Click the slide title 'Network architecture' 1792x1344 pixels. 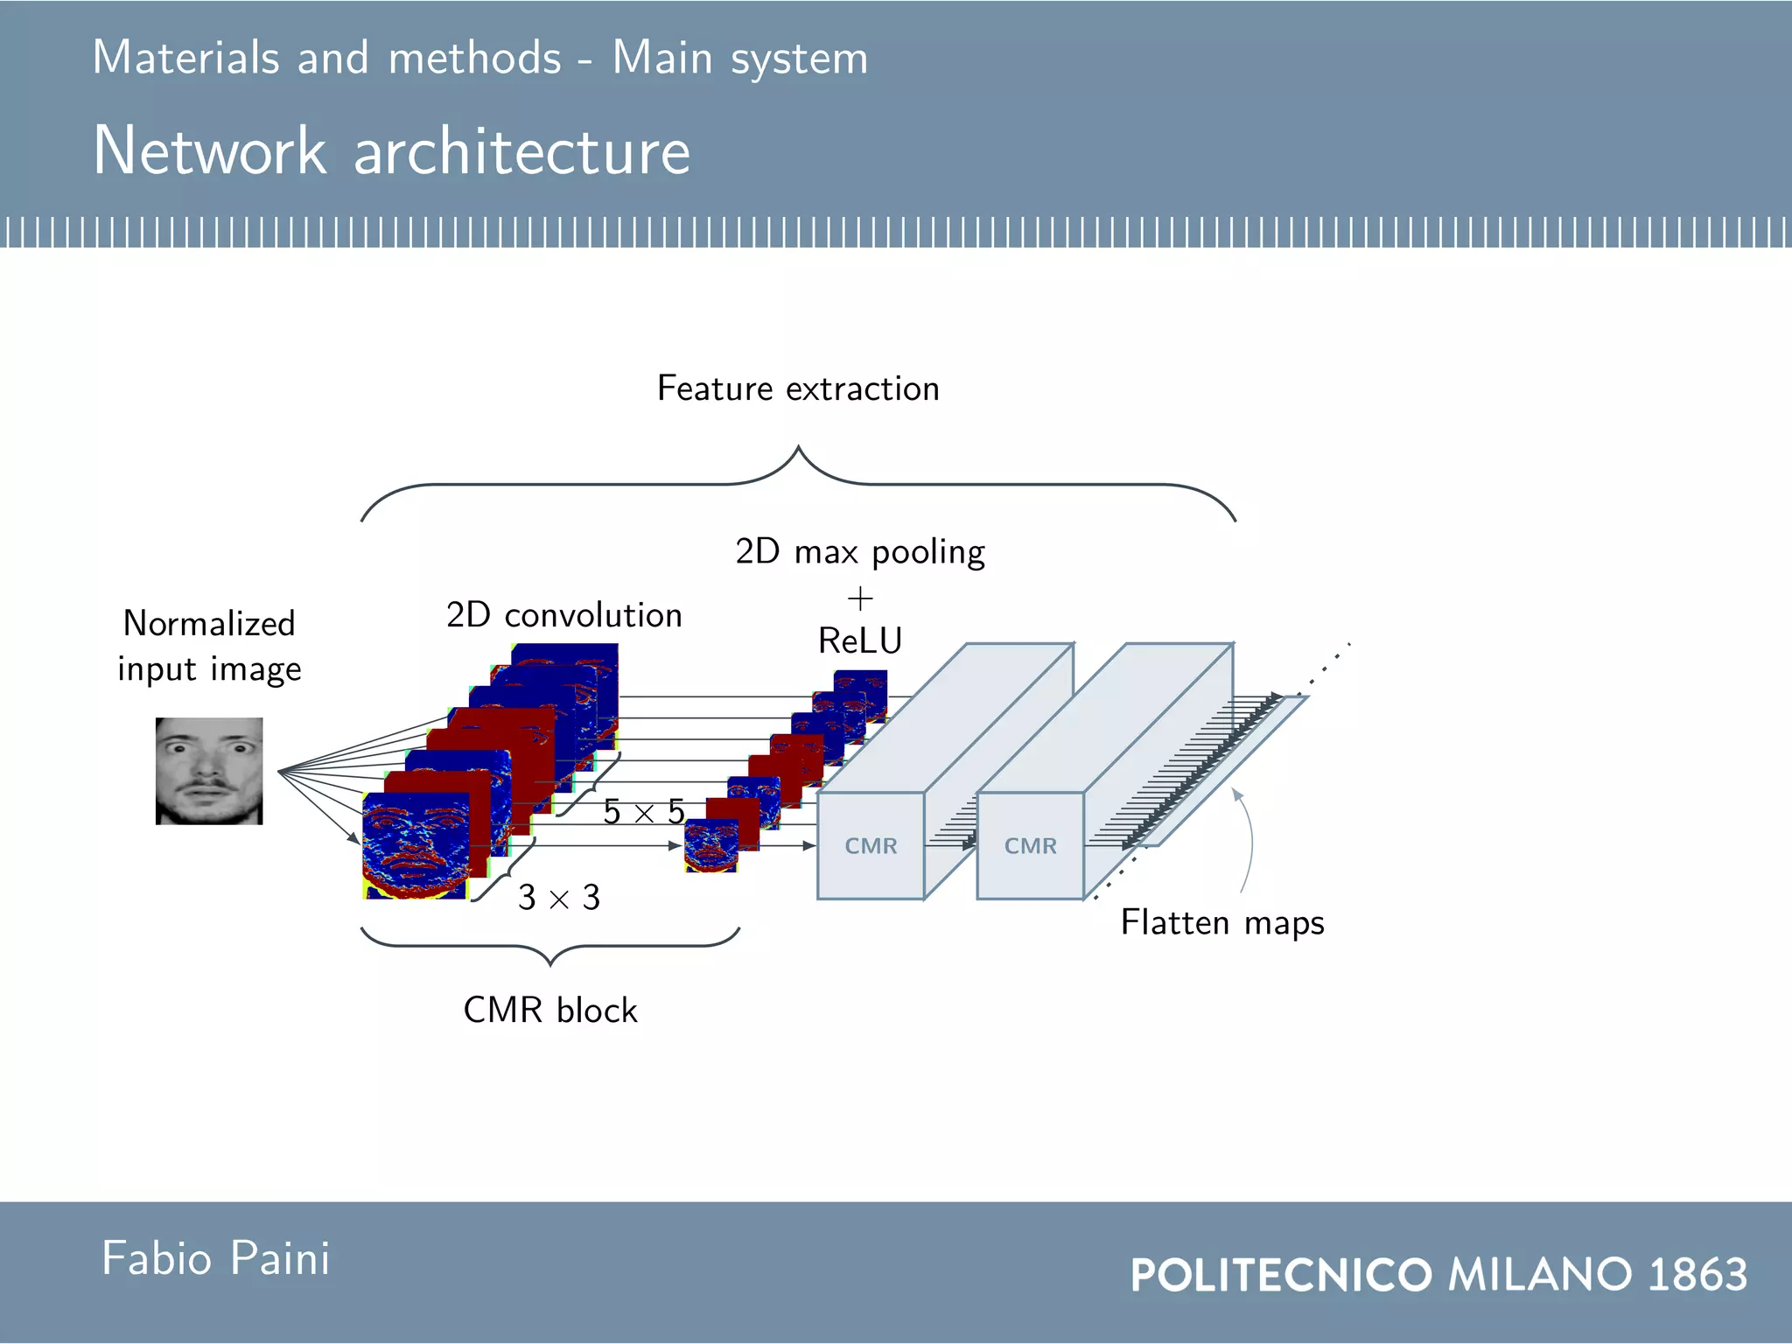coord(391,151)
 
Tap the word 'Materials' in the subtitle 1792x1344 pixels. coord(185,58)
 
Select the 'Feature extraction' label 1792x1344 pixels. coord(798,388)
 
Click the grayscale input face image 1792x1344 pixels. coord(209,771)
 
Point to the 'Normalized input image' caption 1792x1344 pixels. coord(209,646)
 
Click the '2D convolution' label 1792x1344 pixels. coord(563,615)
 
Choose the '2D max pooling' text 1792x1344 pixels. coord(859,552)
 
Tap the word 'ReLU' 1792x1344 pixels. coord(859,640)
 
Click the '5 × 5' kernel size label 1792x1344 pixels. coord(643,812)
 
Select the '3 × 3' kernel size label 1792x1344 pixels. coord(558,898)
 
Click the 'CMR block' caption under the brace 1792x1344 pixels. coord(549,1011)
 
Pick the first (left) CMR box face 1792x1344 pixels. coord(871,846)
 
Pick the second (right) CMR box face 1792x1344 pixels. coord(1030,846)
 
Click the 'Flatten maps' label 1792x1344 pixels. coord(1222,923)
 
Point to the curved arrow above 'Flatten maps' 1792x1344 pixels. coord(1249,840)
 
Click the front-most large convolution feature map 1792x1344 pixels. coord(415,846)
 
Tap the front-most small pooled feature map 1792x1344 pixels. coord(710,846)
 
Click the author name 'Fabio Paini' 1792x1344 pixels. coord(215,1259)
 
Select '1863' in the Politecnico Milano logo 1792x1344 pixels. coord(1697,1274)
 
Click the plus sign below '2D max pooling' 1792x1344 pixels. coord(860,599)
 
